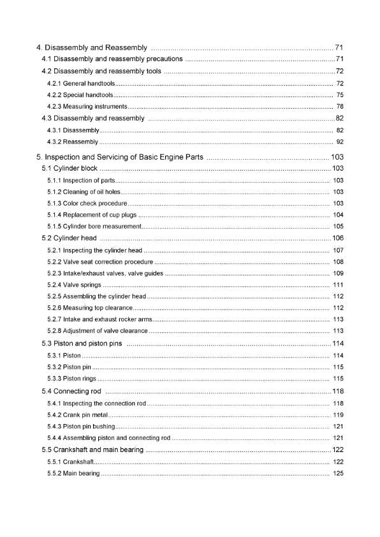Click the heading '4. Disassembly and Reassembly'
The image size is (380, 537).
coord(91,47)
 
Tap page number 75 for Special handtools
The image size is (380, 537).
coord(339,95)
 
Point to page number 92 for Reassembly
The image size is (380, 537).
coord(339,141)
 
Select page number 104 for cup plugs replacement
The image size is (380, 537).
coord(338,215)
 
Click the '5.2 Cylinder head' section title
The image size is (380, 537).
coord(69,238)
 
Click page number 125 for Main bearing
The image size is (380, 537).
coord(338,473)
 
